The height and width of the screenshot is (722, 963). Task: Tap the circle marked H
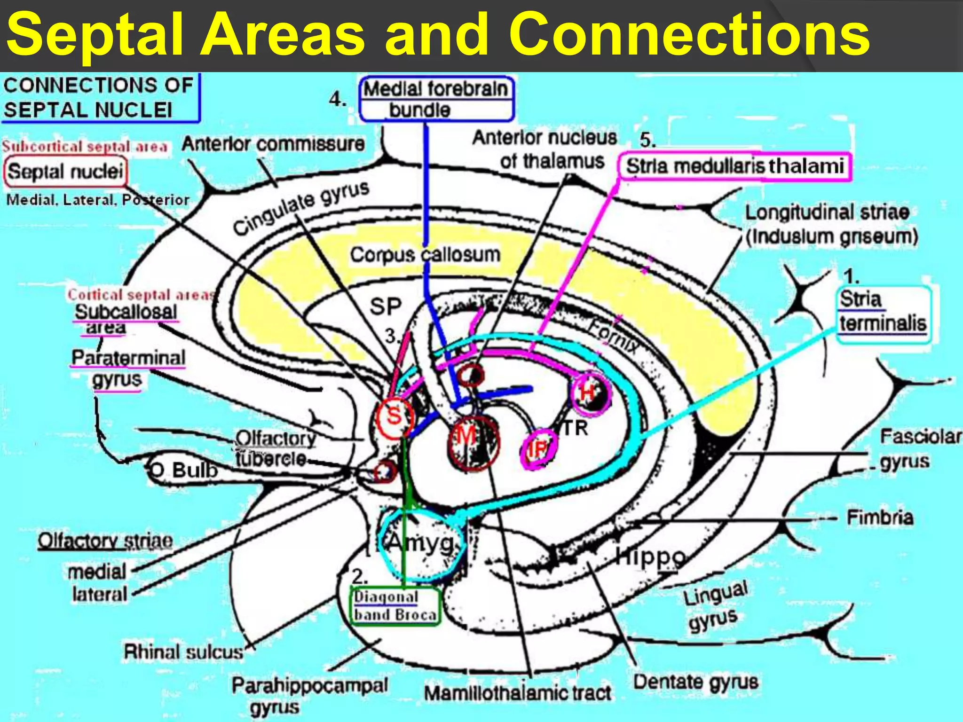point(590,392)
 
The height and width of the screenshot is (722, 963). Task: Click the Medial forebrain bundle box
point(436,99)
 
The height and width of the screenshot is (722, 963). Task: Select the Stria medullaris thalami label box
point(734,166)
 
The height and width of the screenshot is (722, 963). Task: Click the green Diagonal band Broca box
point(395,605)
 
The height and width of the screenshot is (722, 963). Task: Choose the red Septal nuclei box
point(65,172)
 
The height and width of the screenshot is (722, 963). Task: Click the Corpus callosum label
point(425,255)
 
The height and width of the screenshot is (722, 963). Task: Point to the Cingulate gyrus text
point(301,207)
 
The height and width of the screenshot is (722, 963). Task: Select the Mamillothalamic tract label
point(517,693)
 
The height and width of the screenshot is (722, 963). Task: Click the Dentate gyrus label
point(695,682)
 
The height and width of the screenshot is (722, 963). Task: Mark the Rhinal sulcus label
point(183,652)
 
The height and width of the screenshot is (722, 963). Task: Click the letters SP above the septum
point(386,307)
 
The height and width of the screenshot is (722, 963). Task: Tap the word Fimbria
point(879,518)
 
